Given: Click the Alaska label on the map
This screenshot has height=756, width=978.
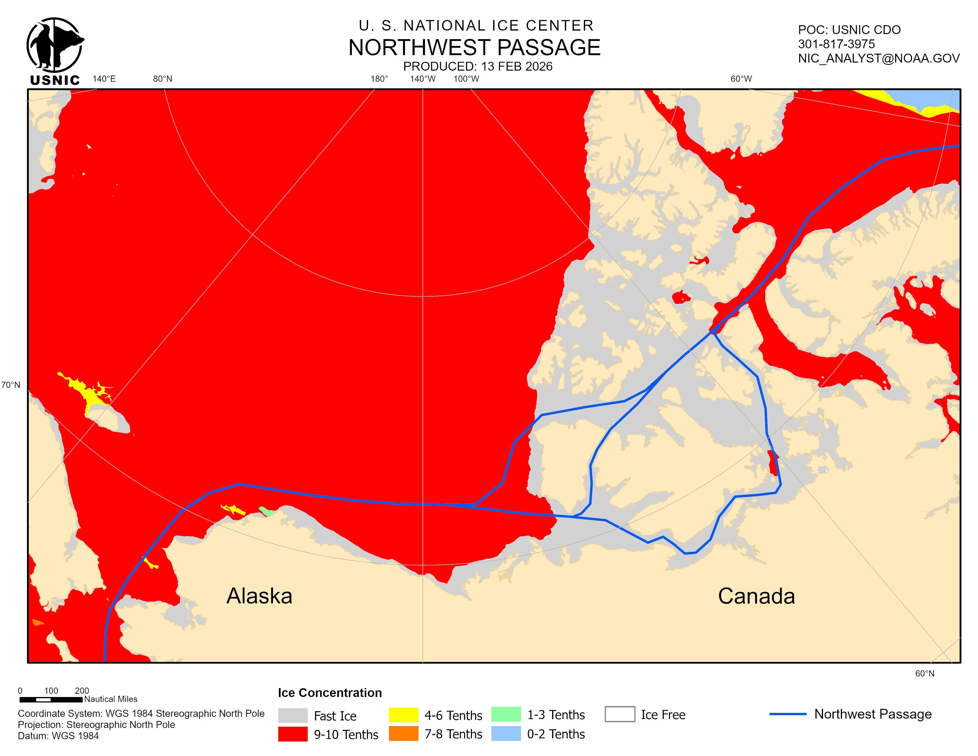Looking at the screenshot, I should tap(259, 596).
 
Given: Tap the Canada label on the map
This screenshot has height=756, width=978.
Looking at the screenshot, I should tap(756, 596).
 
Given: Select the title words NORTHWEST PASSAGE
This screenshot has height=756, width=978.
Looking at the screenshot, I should tap(474, 47).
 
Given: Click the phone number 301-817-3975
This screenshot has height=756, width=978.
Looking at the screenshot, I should tap(836, 44).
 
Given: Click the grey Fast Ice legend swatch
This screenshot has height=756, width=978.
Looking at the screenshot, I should tap(293, 715).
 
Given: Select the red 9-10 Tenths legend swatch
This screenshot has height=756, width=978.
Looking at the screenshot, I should tap(293, 734).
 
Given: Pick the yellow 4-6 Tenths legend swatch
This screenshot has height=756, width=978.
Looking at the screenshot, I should tap(403, 715).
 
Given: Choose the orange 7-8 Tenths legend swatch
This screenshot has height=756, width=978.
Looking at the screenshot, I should tap(403, 733).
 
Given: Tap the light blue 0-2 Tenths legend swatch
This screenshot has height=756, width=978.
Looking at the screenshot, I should tap(506, 733).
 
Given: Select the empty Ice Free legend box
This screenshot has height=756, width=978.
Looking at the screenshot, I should tap(619, 714).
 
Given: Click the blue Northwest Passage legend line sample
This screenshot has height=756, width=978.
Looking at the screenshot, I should tap(788, 714).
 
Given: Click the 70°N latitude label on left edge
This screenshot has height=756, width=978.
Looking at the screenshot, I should tap(11, 385).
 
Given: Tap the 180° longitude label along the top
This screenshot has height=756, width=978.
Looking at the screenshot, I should tap(379, 79).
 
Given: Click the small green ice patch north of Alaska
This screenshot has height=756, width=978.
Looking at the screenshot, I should tap(267, 511).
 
